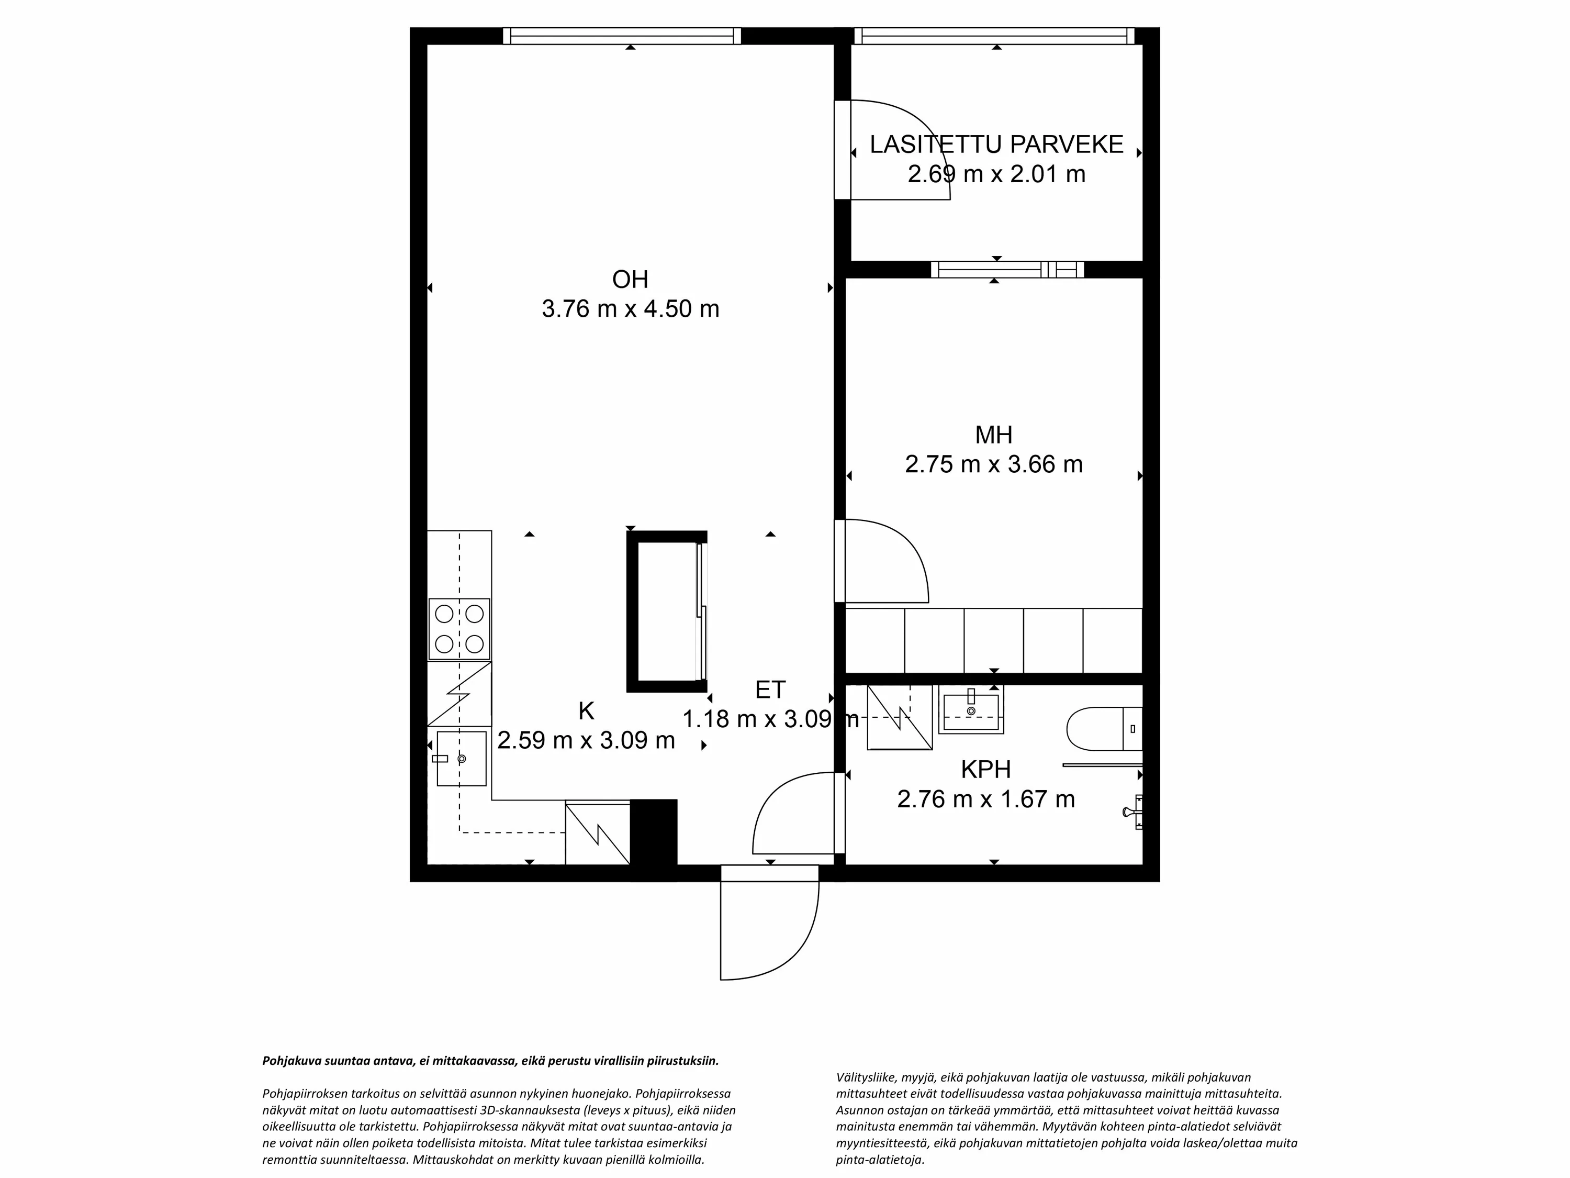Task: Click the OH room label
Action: pos(630,280)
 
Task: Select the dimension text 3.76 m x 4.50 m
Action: pos(630,309)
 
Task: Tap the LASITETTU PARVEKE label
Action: pos(996,145)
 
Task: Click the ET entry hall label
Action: pos(770,690)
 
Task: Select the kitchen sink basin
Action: pos(462,758)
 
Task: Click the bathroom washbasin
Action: pos(970,712)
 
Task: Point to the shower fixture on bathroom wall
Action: pos(1134,811)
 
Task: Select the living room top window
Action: pos(622,36)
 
